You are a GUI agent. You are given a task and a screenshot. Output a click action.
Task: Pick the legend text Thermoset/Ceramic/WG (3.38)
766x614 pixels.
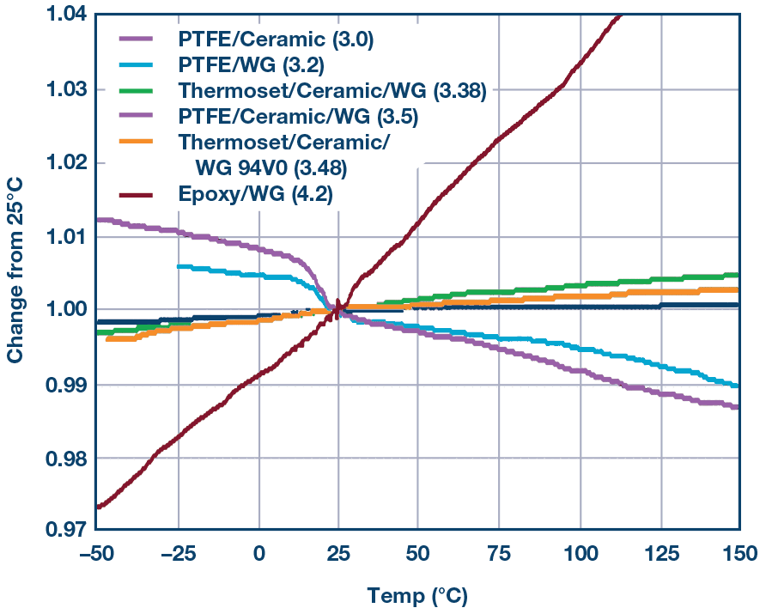coord(333,90)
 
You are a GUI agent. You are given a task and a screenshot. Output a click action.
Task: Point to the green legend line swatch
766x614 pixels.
coord(137,90)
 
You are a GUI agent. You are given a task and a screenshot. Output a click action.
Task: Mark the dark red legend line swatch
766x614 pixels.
coord(137,195)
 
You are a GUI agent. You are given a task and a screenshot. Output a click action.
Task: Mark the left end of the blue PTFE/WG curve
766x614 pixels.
coord(178,267)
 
